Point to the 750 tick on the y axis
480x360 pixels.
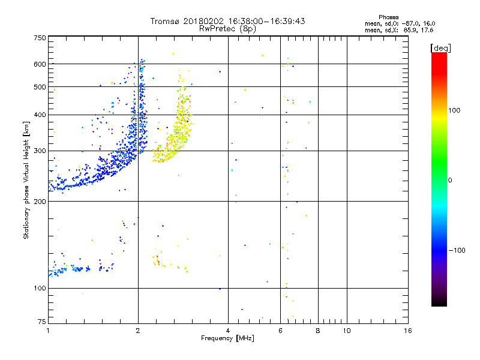pos(40,38)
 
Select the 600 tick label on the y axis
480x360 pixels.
pos(40,64)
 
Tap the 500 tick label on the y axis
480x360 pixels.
pos(40,87)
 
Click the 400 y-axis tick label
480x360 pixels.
pos(40,115)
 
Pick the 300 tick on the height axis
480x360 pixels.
pos(40,151)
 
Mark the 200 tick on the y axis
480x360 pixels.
pos(40,202)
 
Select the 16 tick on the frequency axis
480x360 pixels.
pos(408,331)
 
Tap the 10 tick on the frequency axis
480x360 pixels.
pos(347,331)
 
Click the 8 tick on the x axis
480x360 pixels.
pos(318,331)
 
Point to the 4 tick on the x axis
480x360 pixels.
pos(228,331)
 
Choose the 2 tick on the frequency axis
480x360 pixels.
pos(138,331)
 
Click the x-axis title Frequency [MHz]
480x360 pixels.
pos(227,339)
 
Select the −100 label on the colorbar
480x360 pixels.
pos(457,250)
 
